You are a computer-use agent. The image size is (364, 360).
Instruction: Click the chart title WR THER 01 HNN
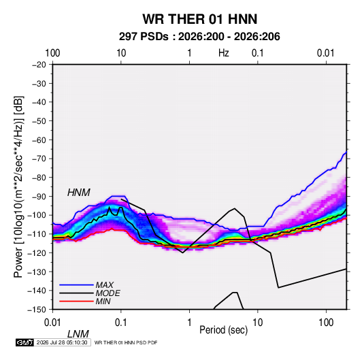pos(199,19)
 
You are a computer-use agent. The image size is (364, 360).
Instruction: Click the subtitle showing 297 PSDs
pos(199,37)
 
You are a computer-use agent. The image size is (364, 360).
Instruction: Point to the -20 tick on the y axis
pos(39,65)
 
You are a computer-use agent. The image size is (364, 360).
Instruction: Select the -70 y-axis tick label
pos(39,159)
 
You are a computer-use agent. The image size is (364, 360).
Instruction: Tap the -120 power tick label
pos(37,252)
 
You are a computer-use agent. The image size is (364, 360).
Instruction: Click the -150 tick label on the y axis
pos(37,310)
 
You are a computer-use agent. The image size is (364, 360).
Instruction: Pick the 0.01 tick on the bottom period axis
pos(52,323)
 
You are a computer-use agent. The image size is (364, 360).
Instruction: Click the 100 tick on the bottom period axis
pos(326,323)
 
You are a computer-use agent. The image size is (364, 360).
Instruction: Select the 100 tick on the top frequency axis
pos(52,53)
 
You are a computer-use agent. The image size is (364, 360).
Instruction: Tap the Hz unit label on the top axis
pos(224,53)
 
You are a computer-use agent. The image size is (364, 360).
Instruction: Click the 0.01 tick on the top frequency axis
pos(326,53)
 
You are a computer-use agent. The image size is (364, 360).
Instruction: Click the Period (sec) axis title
pos(224,330)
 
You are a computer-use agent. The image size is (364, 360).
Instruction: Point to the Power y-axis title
pos(18,187)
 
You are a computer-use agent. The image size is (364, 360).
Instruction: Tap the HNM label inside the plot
pos(79,193)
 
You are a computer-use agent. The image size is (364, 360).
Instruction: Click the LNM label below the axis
pos(78,334)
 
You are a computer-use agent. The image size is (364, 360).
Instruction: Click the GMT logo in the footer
pos(25,342)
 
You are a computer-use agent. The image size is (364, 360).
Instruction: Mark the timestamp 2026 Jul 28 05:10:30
pos(62,342)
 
